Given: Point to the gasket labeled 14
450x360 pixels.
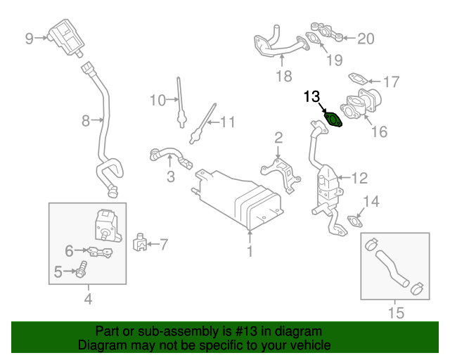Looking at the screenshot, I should click(356, 222).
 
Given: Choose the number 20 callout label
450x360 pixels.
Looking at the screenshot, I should click(366, 39).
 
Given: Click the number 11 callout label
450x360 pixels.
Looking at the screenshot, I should click(226, 122).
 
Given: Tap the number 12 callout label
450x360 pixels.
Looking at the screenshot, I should click(359, 177).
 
